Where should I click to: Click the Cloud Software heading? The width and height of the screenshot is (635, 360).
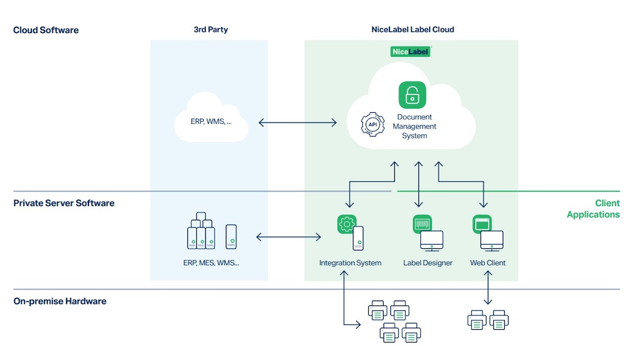(x=46, y=30)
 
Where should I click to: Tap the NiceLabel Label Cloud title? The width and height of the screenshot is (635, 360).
(x=412, y=30)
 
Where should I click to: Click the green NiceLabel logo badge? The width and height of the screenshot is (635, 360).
(x=411, y=51)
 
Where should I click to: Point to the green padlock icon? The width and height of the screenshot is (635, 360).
(x=412, y=95)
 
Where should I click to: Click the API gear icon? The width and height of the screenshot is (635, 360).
(x=373, y=125)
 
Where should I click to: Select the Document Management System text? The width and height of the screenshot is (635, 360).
(x=414, y=127)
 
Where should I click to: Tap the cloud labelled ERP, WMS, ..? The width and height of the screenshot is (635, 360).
(x=211, y=120)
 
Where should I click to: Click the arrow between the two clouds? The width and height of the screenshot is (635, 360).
(x=297, y=123)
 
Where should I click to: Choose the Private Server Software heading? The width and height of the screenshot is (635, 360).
(x=63, y=203)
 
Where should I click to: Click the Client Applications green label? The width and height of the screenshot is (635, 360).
(x=593, y=209)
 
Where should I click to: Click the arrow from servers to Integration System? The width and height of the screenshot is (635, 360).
(x=288, y=237)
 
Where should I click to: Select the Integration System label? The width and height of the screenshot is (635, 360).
(x=350, y=263)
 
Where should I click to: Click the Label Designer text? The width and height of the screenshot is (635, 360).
(x=428, y=263)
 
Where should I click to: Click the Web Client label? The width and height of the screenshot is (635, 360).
(x=488, y=263)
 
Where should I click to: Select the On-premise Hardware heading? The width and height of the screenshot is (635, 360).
(x=60, y=301)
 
